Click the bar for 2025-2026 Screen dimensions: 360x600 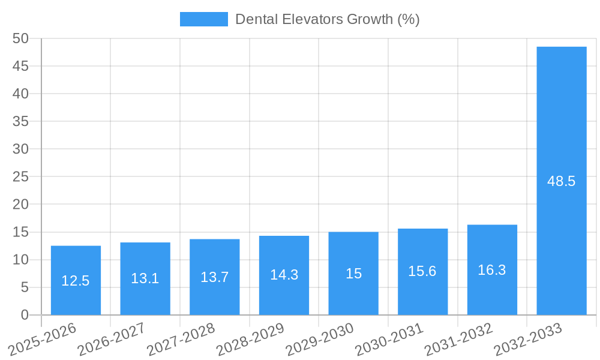click(x=76, y=280)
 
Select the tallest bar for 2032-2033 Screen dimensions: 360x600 click(x=562, y=181)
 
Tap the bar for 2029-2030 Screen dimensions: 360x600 click(x=353, y=273)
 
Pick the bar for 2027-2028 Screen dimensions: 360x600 click(x=215, y=277)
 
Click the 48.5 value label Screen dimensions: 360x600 click(x=562, y=181)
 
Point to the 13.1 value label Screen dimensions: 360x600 click(x=145, y=278)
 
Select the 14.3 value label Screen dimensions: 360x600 click(x=284, y=275)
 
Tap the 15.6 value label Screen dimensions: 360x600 click(x=422, y=271)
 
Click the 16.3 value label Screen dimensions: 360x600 click(x=492, y=270)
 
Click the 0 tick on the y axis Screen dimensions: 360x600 click(x=25, y=315)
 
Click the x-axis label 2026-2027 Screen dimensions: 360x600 click(x=112, y=340)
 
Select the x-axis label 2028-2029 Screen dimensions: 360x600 click(x=250, y=340)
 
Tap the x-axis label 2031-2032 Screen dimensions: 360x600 click(x=458, y=340)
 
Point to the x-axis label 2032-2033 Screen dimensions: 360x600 click(x=528, y=340)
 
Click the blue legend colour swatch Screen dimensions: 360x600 click(x=203, y=19)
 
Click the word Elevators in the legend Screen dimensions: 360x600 click(x=310, y=19)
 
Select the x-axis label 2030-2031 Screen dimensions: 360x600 click(x=389, y=340)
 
